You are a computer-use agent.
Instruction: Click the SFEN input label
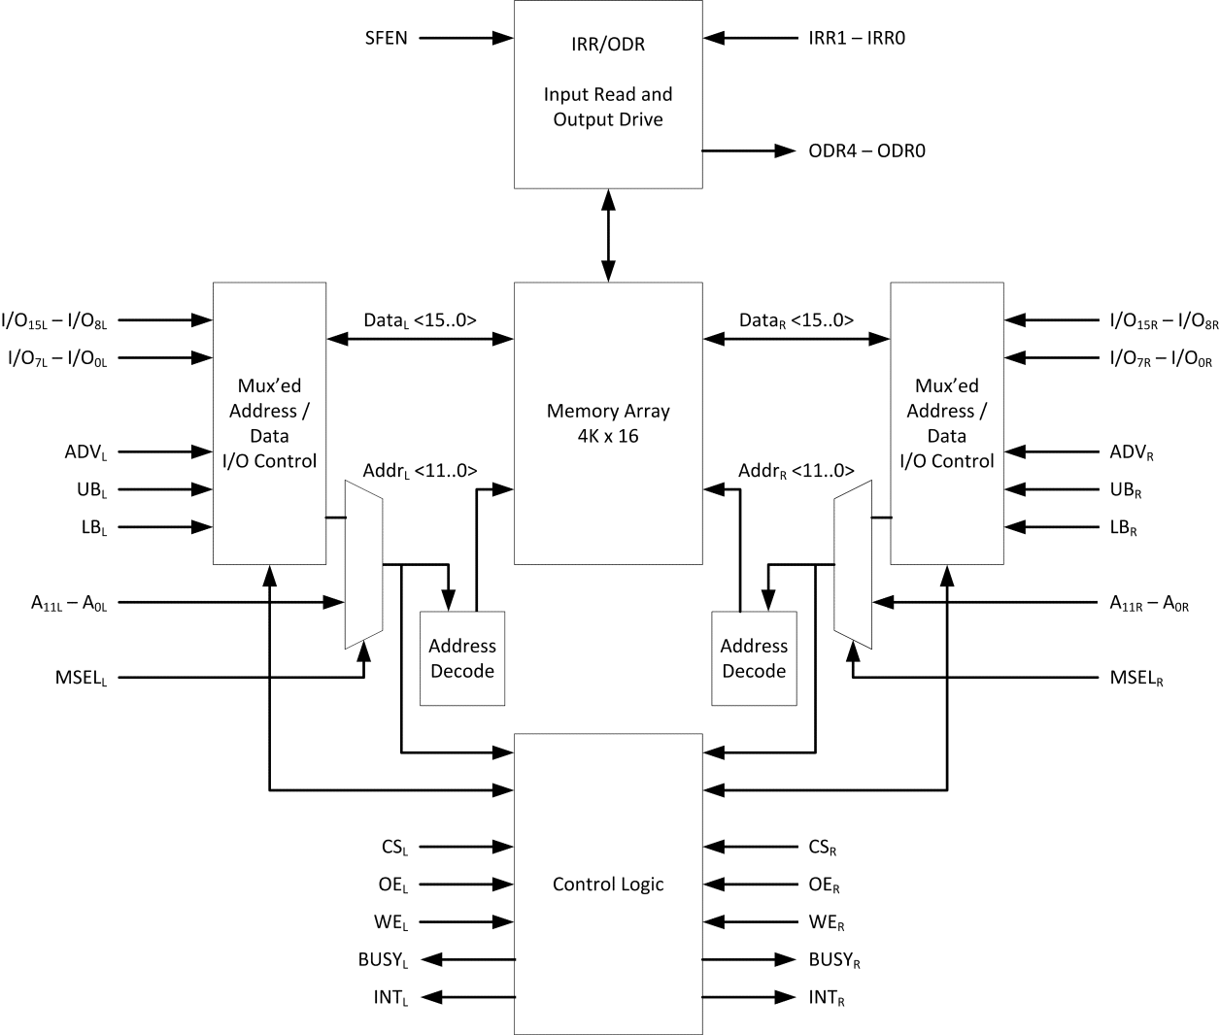pyautogui.click(x=386, y=39)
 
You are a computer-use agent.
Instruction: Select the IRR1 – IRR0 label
pyautogui.click(x=857, y=39)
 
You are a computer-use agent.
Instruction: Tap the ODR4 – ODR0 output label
pyautogui.click(x=866, y=151)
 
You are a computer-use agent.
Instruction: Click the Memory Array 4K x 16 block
pyautogui.click(x=608, y=423)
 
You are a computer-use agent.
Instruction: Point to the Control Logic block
pyautogui.click(x=608, y=884)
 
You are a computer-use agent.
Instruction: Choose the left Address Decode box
pyautogui.click(x=462, y=658)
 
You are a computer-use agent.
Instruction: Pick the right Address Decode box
pyautogui.click(x=754, y=658)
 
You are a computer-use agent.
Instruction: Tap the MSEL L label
pyautogui.click(x=81, y=678)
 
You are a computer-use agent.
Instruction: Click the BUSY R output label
pyautogui.click(x=834, y=960)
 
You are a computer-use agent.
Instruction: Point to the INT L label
pyautogui.click(x=390, y=998)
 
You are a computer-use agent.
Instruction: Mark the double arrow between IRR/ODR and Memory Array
pyautogui.click(x=608, y=235)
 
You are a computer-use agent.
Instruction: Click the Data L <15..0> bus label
pyautogui.click(x=420, y=320)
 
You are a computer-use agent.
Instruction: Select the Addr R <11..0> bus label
pyautogui.click(x=796, y=471)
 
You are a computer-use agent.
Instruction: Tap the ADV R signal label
pyautogui.click(x=1132, y=452)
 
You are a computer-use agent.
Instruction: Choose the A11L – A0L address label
pyautogui.click(x=69, y=604)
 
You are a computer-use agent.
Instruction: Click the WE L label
pyautogui.click(x=390, y=922)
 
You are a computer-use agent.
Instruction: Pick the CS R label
pyautogui.click(x=822, y=848)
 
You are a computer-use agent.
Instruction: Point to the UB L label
pyautogui.click(x=91, y=490)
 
